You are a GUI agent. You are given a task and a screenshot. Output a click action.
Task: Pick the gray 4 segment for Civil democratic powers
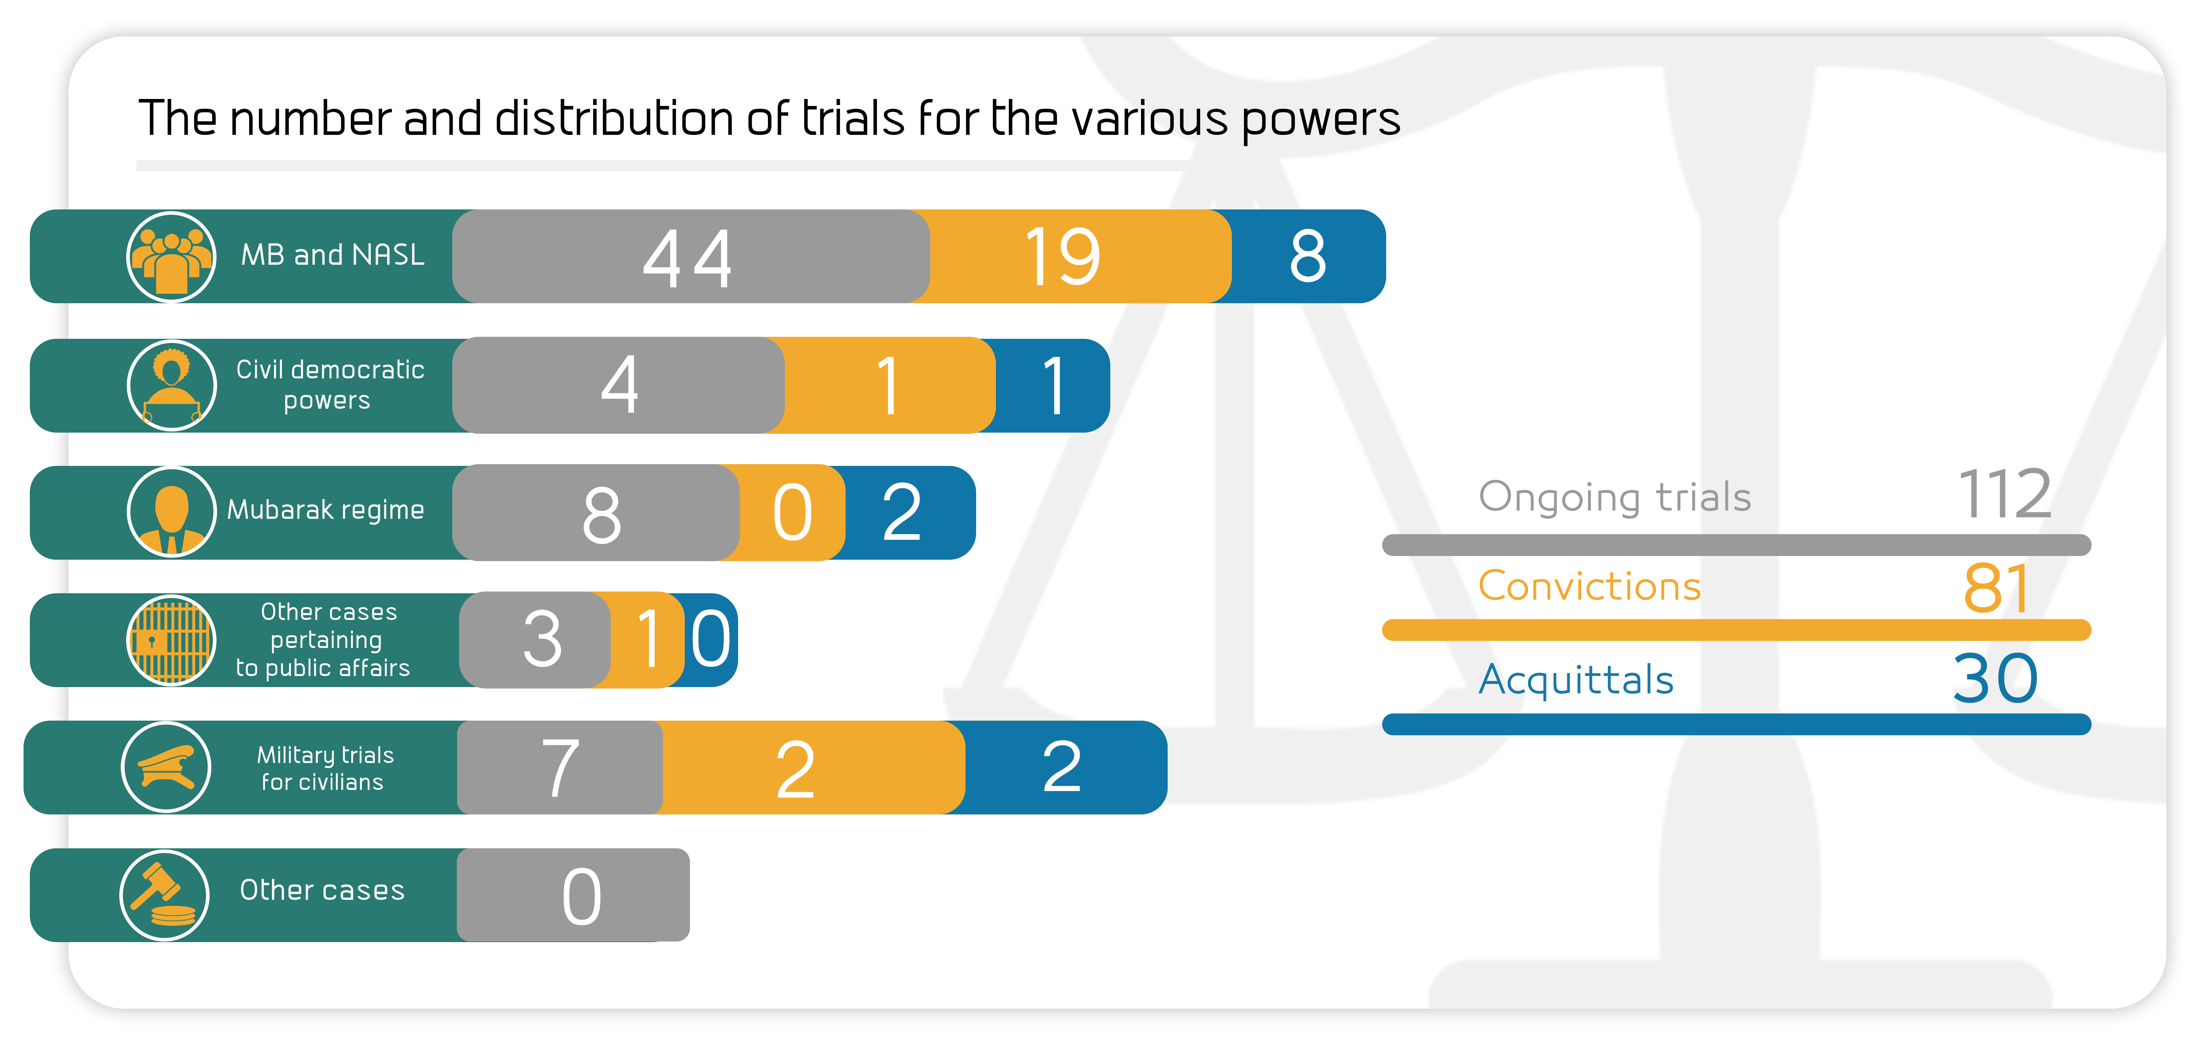click(618, 385)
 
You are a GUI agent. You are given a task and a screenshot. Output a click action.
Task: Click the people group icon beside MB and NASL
click(171, 256)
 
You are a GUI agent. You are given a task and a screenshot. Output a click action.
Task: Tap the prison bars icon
click(171, 639)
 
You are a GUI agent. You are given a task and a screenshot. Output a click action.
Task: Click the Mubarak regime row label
click(326, 510)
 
